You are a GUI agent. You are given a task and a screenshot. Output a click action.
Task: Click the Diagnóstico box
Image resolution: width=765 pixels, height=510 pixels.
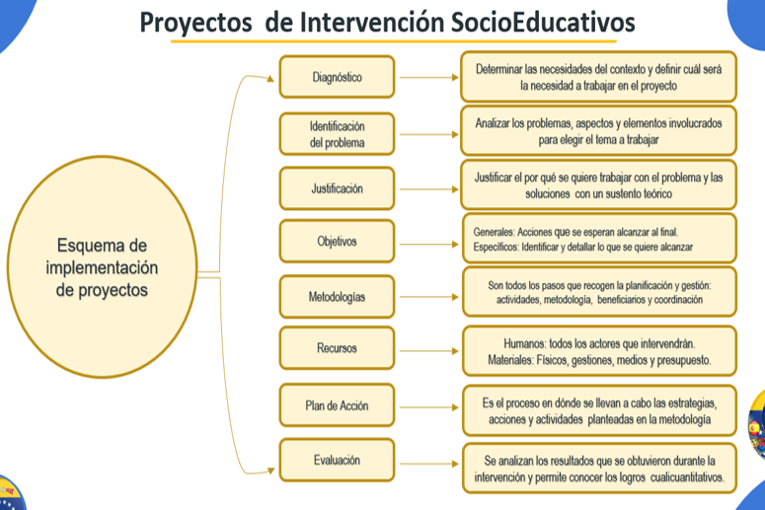337,77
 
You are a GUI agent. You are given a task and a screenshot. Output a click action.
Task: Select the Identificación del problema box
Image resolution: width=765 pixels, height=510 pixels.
337,134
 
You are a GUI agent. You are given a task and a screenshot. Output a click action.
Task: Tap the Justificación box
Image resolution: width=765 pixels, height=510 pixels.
337,188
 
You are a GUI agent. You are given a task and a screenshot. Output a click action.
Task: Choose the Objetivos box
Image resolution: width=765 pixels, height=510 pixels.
337,242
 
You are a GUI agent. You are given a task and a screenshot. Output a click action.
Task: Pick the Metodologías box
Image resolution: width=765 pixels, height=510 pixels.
337,297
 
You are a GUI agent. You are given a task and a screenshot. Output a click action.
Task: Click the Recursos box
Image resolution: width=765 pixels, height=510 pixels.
337,348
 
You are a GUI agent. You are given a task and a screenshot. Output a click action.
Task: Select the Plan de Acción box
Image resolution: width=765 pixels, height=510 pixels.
337,405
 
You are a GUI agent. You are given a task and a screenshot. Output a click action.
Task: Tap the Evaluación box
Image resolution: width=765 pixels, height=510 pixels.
337,460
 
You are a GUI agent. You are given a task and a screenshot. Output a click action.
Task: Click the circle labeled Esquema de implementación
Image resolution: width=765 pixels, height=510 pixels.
102,266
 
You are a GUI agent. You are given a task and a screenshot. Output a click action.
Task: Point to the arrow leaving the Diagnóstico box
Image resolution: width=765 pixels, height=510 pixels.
428,77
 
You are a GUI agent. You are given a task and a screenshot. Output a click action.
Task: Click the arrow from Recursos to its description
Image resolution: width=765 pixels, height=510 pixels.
428,350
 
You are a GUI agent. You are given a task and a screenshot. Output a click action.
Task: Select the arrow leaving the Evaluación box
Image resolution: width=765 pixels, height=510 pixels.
428,464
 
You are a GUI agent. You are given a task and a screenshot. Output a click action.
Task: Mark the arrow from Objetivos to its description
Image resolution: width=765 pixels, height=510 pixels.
428,244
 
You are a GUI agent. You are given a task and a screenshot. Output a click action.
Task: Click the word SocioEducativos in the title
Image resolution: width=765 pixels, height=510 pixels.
543,22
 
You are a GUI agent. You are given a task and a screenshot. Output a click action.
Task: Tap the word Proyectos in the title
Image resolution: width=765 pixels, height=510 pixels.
196,23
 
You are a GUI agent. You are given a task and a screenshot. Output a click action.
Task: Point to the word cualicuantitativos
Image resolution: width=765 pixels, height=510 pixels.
687,477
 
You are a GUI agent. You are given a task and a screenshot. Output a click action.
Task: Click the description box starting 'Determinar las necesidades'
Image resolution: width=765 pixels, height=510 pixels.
598,77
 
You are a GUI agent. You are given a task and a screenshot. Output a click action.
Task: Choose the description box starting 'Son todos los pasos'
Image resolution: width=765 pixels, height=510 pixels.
599,292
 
